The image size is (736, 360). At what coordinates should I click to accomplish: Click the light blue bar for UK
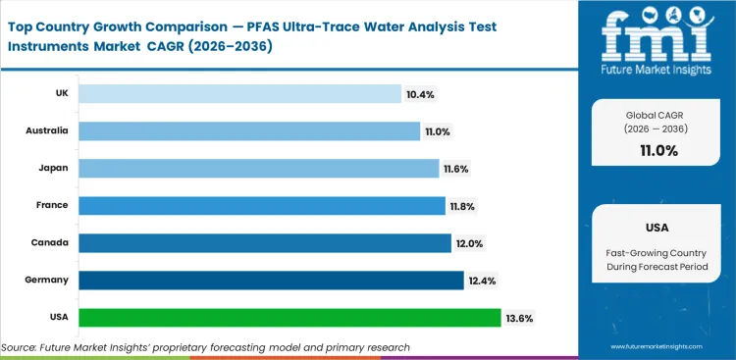pyautogui.click(x=239, y=94)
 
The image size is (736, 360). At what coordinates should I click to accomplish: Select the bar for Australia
pyautogui.click(x=249, y=131)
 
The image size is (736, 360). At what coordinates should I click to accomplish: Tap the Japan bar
pyautogui.click(x=258, y=168)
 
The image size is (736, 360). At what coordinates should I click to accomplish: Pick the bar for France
pyautogui.click(x=261, y=205)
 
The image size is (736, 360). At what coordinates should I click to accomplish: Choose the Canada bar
pyautogui.click(x=264, y=242)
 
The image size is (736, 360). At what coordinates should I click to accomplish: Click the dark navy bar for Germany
pyautogui.click(x=271, y=281)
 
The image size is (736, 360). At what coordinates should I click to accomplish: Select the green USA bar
pyautogui.click(x=289, y=318)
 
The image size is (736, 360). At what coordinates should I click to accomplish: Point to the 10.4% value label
pyautogui.click(x=419, y=94)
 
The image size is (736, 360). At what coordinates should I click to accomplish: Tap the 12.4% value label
pyautogui.click(x=483, y=281)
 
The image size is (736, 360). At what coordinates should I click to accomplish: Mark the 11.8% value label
pyautogui.click(x=463, y=205)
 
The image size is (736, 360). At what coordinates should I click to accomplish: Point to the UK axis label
pyautogui.click(x=61, y=94)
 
